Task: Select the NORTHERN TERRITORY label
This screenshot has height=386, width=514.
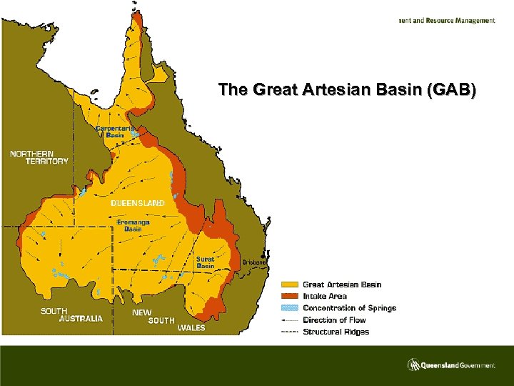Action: tap(39, 157)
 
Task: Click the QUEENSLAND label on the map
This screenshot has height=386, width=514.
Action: tap(138, 203)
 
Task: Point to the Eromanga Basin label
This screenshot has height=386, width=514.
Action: tap(133, 225)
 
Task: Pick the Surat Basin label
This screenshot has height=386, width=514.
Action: tap(206, 262)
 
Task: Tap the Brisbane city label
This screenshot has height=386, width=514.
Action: tap(255, 262)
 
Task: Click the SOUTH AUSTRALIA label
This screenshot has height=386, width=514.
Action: tap(71, 315)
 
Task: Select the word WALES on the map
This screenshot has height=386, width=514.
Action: tap(191, 328)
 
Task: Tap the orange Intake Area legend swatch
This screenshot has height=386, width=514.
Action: tap(289, 296)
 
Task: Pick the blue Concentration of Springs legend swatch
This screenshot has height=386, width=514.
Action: tap(289, 308)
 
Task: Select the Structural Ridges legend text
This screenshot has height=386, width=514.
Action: tap(336, 332)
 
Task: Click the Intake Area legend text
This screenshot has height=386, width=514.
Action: tap(325, 296)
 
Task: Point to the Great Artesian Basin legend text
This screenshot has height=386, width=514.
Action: tap(342, 285)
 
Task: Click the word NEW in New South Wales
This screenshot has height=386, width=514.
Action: tap(142, 312)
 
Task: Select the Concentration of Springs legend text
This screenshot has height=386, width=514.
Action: tap(349, 308)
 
